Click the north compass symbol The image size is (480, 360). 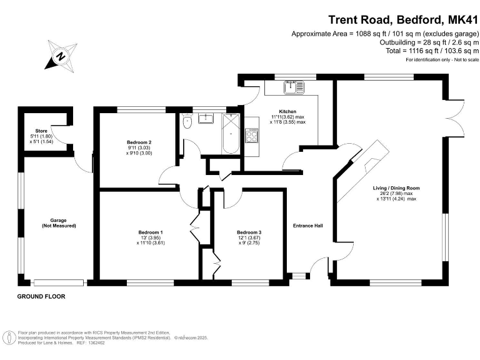click(x=60, y=55)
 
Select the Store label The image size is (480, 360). click(x=42, y=130)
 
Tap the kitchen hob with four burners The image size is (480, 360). click(x=252, y=134)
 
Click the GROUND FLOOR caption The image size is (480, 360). click(x=41, y=296)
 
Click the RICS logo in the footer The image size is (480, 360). click(x=9, y=338)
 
